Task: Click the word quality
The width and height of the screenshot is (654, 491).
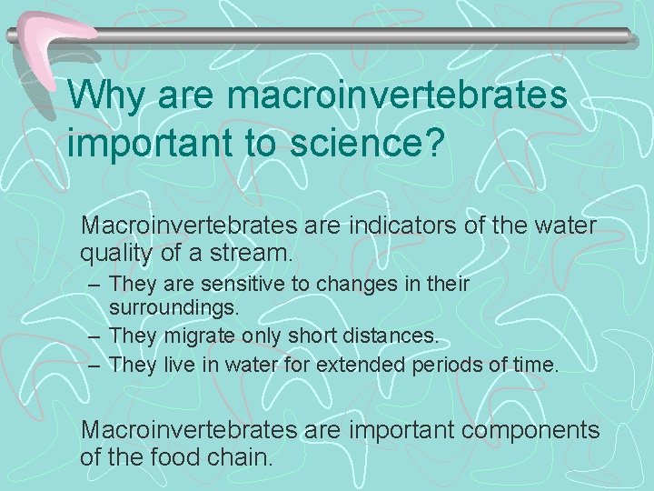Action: pyautogui.click(x=114, y=251)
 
